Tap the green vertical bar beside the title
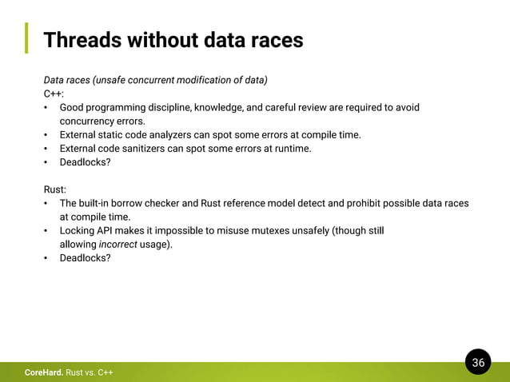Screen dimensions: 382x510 [x=26, y=38]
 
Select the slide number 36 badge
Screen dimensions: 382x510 [x=478, y=363]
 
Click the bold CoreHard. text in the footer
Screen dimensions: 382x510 [x=43, y=372]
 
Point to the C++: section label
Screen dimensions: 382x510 [x=54, y=94]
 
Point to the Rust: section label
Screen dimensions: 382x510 [x=55, y=189]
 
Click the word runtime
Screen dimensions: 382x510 [x=293, y=148]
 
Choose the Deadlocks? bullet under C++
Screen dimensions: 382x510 [x=85, y=161]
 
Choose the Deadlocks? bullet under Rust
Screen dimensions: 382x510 [x=85, y=257]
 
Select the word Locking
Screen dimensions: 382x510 [x=78, y=230]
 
